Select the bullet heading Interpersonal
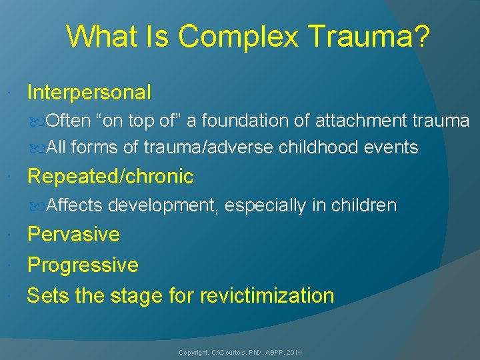[89, 92]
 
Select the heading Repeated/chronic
[110, 177]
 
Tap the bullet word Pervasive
[73, 235]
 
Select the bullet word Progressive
[83, 265]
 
